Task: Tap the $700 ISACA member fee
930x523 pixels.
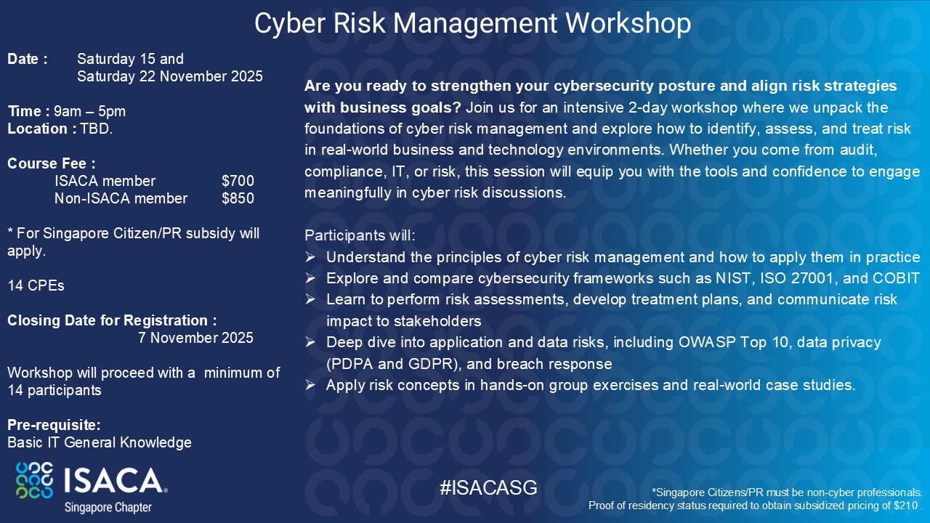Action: point(238,181)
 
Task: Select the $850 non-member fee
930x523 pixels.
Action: point(238,198)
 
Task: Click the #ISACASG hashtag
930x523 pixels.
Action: point(489,487)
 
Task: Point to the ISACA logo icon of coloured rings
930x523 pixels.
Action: point(34,480)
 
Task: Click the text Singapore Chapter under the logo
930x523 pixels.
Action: point(108,507)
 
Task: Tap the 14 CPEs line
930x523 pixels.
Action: point(36,285)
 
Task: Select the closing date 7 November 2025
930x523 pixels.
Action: point(195,338)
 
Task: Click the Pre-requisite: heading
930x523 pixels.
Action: point(54,425)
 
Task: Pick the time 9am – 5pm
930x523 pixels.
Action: point(89,111)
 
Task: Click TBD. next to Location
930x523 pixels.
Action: point(97,129)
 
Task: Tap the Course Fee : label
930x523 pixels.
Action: point(52,163)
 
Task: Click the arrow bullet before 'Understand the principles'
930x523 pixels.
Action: point(310,257)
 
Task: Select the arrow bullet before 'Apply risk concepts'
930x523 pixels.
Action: point(310,385)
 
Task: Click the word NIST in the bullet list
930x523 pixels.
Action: point(735,278)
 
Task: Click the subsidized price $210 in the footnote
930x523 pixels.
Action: point(905,506)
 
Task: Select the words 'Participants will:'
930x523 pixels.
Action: point(360,235)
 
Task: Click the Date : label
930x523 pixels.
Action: point(28,59)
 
